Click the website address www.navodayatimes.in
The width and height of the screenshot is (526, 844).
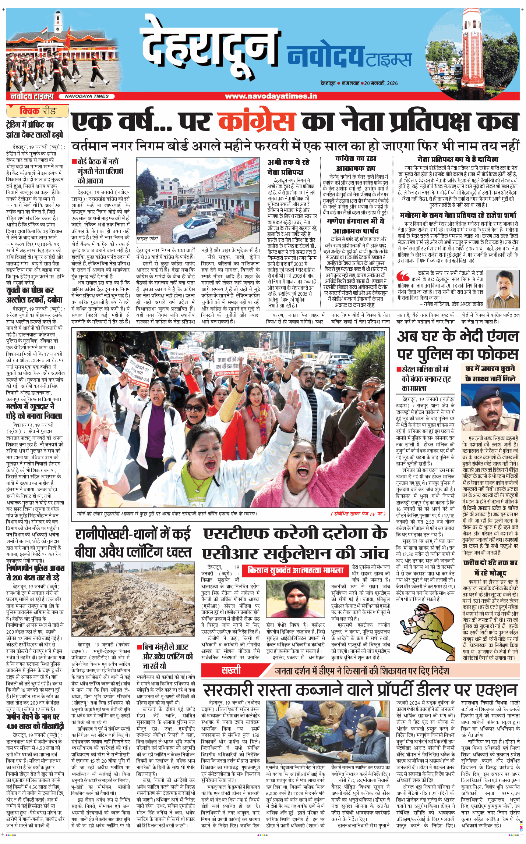[x=271, y=96]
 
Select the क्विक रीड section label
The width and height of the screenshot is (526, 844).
[x=38, y=111]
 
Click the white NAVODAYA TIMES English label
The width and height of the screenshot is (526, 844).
[x=87, y=96]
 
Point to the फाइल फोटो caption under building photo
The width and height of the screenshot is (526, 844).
[x=147, y=239]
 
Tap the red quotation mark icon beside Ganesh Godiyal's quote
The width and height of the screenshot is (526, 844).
[x=403, y=276]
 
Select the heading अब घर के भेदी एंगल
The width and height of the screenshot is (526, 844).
[x=458, y=336]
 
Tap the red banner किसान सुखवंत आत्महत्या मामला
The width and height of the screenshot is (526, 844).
[x=296, y=570]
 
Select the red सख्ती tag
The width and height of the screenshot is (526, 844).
[x=231, y=670]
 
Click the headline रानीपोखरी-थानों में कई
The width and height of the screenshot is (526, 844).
[x=133, y=534]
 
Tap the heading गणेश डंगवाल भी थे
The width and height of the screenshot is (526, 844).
[x=355, y=221]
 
